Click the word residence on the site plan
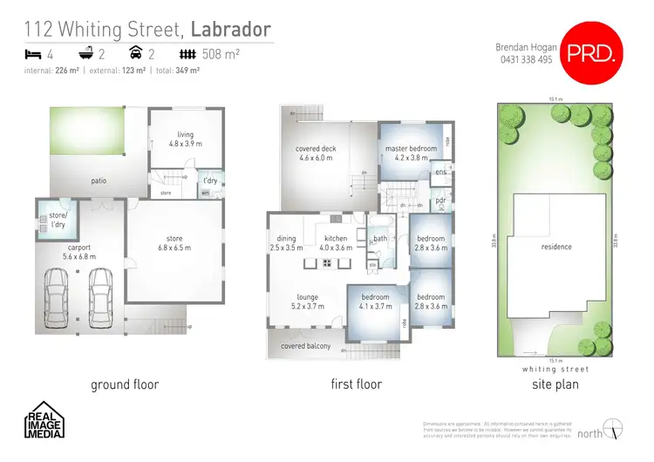(x=556, y=247)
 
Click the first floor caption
(x=356, y=384)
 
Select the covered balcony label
(x=304, y=346)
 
